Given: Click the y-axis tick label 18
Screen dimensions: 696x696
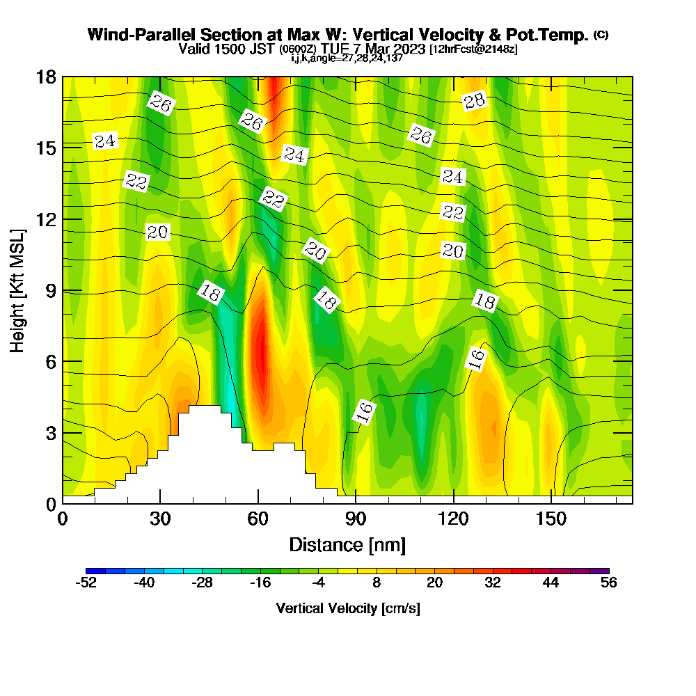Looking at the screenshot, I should [46, 77].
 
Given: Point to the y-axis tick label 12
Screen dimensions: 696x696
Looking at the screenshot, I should [46, 219].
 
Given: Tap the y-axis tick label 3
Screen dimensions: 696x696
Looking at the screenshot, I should [50, 432].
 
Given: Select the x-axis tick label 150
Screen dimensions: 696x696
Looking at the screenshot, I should [551, 519].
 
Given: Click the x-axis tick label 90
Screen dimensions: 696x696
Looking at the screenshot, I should [356, 519].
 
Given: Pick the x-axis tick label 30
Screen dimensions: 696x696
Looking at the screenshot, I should [160, 519].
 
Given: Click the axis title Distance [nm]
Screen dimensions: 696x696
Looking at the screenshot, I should [347, 544].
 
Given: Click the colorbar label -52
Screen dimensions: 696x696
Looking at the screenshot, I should [86, 583].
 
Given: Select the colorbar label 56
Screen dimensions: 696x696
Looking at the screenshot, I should [609, 583].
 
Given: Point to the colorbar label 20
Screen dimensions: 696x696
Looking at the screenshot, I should [434, 583].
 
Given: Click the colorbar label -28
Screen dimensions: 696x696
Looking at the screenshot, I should [202, 583].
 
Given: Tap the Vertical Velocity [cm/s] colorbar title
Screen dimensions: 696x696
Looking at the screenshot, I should [348, 608].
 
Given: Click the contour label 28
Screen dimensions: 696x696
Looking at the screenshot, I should [474, 102].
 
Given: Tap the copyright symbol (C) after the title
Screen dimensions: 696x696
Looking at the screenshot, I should [601, 35].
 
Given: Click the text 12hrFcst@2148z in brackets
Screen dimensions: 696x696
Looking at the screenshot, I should [473, 50].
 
